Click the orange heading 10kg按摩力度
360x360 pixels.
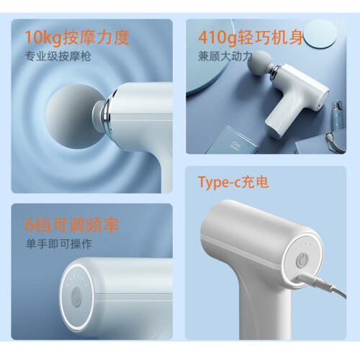(x=77, y=37)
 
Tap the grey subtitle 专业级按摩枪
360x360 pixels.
(x=58, y=56)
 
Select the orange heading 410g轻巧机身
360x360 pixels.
(x=251, y=37)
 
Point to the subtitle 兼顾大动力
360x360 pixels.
(x=225, y=56)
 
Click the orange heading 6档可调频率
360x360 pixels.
(x=72, y=225)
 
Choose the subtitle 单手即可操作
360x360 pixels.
(x=59, y=244)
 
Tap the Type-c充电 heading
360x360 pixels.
(x=233, y=182)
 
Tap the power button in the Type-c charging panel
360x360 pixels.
(x=302, y=261)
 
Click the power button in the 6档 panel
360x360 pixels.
(x=76, y=297)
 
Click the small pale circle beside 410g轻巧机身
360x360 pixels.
(x=320, y=35)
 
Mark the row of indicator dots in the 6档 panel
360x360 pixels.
(x=76, y=279)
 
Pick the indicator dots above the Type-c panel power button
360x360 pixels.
(x=303, y=247)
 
